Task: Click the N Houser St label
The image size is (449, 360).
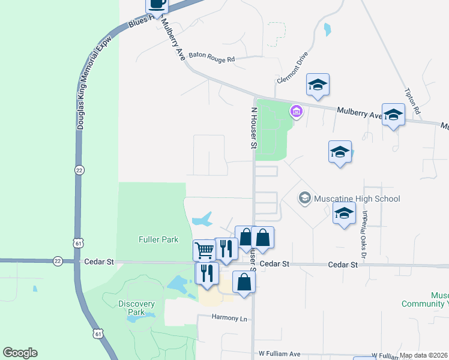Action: click(x=253, y=128)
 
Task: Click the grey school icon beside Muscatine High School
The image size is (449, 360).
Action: click(x=304, y=198)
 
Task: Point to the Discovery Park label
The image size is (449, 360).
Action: click(x=136, y=308)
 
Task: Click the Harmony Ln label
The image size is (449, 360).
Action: click(x=230, y=318)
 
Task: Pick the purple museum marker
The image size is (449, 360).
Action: click(x=296, y=111)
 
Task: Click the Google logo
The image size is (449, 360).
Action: click(x=20, y=353)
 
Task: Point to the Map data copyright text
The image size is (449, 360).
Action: click(x=424, y=355)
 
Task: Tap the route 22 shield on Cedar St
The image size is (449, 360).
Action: click(x=58, y=260)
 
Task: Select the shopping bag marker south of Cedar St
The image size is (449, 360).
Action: click(x=244, y=281)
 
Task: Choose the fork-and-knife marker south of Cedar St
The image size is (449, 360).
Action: click(x=206, y=274)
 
